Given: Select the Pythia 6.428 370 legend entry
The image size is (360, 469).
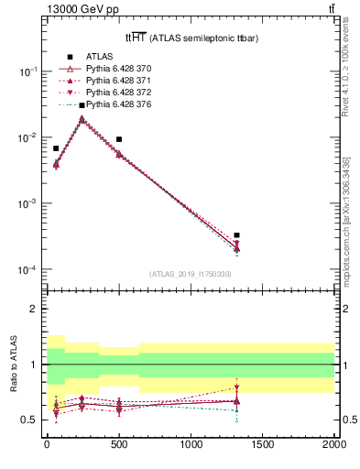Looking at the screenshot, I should tap(105, 69).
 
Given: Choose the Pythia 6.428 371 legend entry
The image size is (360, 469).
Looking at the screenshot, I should tap(105, 81).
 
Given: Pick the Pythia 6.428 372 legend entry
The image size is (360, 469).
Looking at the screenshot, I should tap(105, 93).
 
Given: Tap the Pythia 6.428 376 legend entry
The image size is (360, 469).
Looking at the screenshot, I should tap(105, 104).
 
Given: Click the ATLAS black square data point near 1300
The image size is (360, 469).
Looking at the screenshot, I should tap(236, 235).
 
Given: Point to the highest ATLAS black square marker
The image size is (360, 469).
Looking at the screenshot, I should tap(82, 105).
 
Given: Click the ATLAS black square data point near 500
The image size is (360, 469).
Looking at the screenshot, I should tap(119, 139).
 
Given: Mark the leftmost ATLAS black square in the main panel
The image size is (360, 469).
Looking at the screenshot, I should tap(56, 147).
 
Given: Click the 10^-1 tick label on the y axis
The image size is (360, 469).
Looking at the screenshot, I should tap(27, 71).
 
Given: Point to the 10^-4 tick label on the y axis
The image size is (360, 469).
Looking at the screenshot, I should tap(27, 270).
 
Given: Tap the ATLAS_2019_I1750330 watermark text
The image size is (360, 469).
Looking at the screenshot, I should tap(190, 274).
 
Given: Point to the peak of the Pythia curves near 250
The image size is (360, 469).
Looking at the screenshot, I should tap(82, 118).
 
